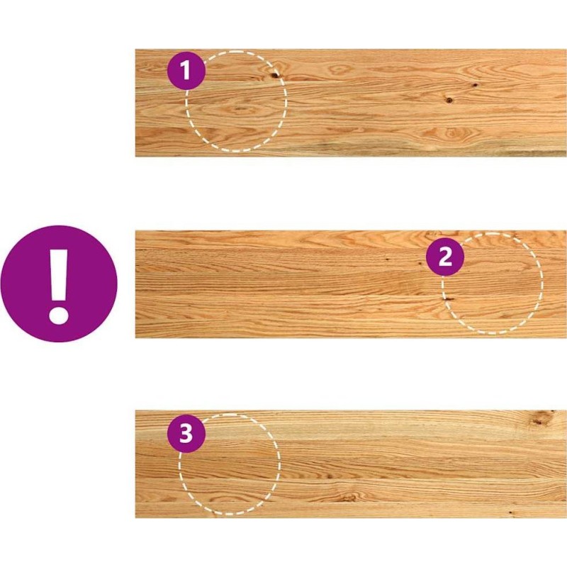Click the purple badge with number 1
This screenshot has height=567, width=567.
(x=186, y=70)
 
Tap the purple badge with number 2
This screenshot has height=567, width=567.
(x=445, y=257)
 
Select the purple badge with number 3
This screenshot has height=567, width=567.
(x=186, y=433)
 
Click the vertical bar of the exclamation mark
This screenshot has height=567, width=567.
(x=59, y=275)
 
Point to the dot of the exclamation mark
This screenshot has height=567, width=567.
(x=59, y=315)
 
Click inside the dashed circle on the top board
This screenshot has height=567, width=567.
(x=237, y=108)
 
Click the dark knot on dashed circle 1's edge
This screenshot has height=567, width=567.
(x=275, y=75)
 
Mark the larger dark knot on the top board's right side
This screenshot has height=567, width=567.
(x=449, y=100)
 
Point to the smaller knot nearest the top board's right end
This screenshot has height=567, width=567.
(x=474, y=85)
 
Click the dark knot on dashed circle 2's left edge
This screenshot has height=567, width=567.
(x=448, y=299)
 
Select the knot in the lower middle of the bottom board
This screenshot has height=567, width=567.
(x=348, y=498)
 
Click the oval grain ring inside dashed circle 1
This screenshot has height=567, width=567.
(x=240, y=109)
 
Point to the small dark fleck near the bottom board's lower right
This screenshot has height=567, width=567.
(x=510, y=512)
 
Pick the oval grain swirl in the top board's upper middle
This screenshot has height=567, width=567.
(x=339, y=69)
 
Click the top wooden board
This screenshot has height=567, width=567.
(x=351, y=103)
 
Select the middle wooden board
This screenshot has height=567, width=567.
(x=351, y=285)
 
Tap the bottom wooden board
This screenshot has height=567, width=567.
(x=351, y=464)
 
